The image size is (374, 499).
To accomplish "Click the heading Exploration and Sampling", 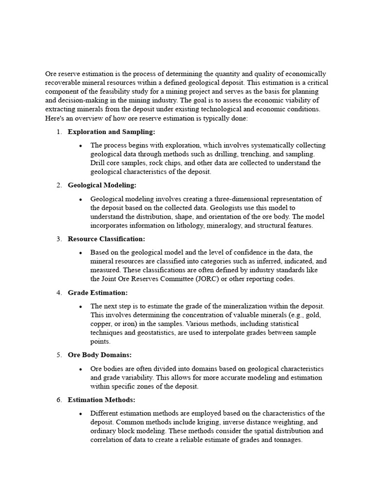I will [112, 132].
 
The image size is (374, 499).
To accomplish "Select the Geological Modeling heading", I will [102, 185].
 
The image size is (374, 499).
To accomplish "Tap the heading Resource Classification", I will [107, 239].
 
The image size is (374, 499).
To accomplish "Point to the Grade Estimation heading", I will [98, 292].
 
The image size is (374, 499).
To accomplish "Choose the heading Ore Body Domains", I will [100, 355].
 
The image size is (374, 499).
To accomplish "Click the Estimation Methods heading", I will [101, 400].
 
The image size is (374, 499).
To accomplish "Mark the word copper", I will [101, 324].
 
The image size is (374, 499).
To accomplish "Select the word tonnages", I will [285, 440].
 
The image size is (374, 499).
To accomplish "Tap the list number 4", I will [58, 292].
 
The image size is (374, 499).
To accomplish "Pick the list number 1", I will [58, 132].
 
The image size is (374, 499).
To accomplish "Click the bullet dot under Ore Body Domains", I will [80, 369].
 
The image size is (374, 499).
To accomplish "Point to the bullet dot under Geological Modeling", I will [80, 199].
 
